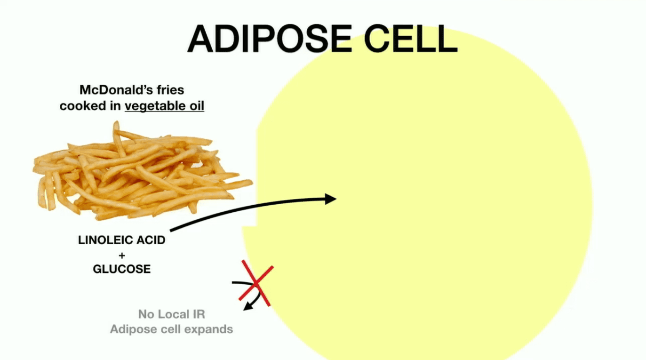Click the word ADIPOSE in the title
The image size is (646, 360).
tap(270, 39)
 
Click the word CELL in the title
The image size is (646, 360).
tap(411, 39)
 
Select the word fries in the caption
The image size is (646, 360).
tap(170, 90)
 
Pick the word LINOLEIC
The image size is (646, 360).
tap(105, 240)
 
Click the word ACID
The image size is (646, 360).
tap(151, 240)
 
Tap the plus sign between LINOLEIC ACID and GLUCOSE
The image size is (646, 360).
tap(122, 255)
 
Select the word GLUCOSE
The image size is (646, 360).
tap(122, 269)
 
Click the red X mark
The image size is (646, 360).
tap(255, 283)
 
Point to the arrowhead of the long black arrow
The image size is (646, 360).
tap(331, 199)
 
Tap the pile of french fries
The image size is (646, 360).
tap(143, 172)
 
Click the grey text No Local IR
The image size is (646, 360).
tap(172, 314)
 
